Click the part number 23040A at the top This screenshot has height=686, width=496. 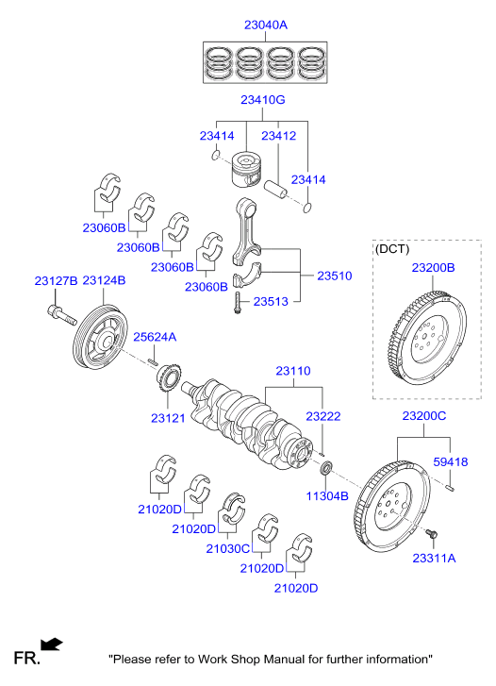(x=266, y=25)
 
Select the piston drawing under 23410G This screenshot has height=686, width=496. (x=245, y=170)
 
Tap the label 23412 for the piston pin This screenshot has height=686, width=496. (x=278, y=136)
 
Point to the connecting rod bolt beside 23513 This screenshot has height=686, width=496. (x=238, y=303)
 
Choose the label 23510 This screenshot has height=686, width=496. (x=334, y=276)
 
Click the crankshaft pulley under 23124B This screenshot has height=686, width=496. (x=100, y=337)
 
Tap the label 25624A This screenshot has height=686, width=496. (x=155, y=337)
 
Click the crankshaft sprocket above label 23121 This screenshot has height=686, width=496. (x=169, y=378)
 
